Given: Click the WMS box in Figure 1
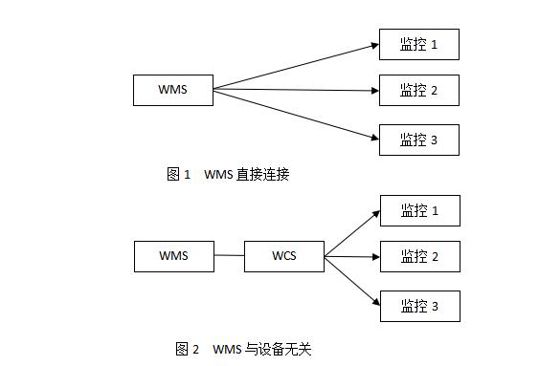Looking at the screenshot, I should [173, 91].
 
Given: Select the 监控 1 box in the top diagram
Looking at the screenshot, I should [419, 45].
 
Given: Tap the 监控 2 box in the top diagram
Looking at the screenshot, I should [419, 91].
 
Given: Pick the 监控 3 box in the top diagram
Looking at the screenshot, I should [419, 140].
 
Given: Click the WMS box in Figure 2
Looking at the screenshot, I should [173, 256].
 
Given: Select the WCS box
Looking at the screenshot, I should [284, 256].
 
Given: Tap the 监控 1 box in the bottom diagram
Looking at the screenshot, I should [419, 210].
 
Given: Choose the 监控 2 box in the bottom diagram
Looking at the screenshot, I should [419, 257].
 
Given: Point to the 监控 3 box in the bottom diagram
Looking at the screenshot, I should [419, 306].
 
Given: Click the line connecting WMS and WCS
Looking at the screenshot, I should [229, 256].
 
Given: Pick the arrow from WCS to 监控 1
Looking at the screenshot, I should [351, 233].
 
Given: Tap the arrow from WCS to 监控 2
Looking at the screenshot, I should [351, 256].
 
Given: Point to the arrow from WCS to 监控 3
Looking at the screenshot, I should [351, 281].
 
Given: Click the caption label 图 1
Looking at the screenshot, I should [179, 175].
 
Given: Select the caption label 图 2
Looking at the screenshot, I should [188, 349].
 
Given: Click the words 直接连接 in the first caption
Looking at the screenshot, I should [262, 175].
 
